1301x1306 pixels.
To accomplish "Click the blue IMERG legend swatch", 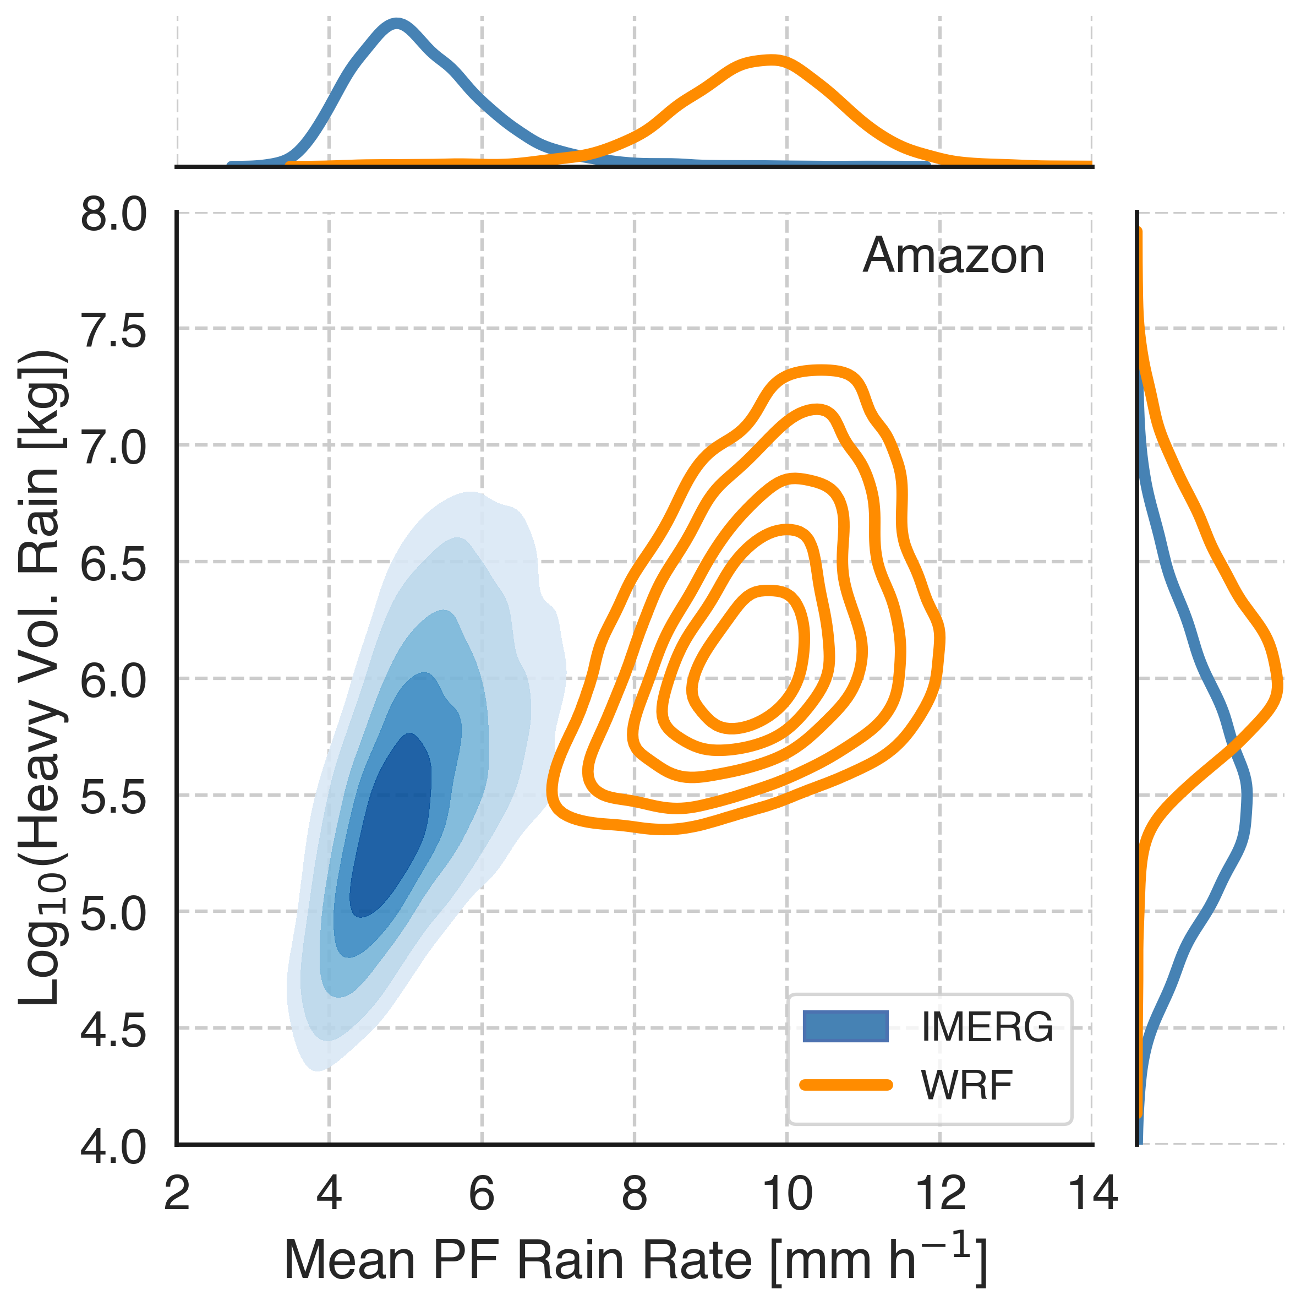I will pos(845,1026).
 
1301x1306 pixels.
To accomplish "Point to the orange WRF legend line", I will pos(845,1085).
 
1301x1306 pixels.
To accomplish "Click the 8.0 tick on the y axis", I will pos(113,215).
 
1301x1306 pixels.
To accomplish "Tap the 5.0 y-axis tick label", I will pos(113,912).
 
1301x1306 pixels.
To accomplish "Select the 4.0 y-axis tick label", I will pos(113,1146).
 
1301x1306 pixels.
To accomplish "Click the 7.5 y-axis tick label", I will pos(113,331).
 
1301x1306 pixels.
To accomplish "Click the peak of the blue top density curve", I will pos(397,24).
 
